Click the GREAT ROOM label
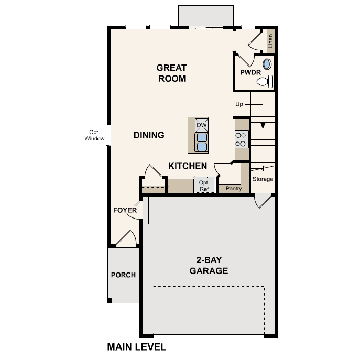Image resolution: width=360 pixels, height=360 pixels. pyautogui.click(x=171, y=73)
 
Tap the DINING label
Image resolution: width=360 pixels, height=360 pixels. pyautogui.click(x=149, y=135)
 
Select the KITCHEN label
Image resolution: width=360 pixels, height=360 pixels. pyautogui.click(x=188, y=166)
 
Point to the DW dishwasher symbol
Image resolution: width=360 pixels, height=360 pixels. pyautogui.click(x=202, y=125)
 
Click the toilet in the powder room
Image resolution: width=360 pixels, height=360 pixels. pyautogui.click(x=265, y=82)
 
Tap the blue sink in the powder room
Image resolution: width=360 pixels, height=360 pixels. pyautogui.click(x=267, y=64)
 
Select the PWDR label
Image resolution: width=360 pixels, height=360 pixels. pyautogui.click(x=250, y=72)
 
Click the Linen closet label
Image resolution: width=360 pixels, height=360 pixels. pyautogui.click(x=271, y=41)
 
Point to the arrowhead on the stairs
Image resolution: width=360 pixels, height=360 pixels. pyautogui.click(x=263, y=125)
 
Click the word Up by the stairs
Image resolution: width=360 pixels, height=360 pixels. pyautogui.click(x=239, y=104)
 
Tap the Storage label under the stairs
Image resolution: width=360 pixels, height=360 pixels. pyautogui.click(x=263, y=179)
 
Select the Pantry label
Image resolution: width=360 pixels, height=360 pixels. pyautogui.click(x=234, y=188)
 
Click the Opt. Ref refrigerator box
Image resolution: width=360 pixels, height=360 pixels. pyautogui.click(x=204, y=185)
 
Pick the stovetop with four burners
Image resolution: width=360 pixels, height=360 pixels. pyautogui.click(x=241, y=139)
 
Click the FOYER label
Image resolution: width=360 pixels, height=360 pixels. pyautogui.click(x=125, y=210)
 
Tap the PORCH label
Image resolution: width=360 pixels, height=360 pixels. pyautogui.click(x=123, y=275)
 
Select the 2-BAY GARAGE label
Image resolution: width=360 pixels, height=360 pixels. pyautogui.click(x=209, y=265)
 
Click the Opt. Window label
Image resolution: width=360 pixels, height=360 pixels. pyautogui.click(x=94, y=136)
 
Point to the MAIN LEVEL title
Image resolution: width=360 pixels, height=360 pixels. pyautogui.click(x=137, y=347)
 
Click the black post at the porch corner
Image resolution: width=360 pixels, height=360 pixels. pyautogui.click(x=110, y=301)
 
